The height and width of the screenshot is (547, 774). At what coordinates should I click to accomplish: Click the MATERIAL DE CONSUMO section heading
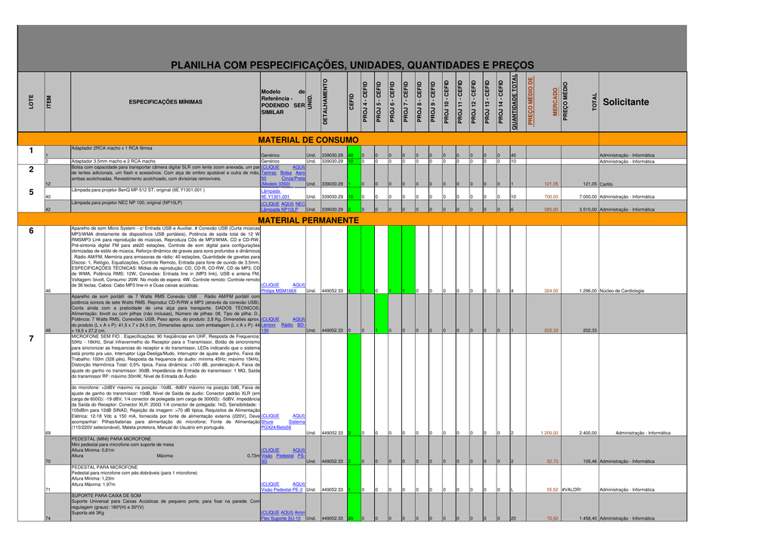click(308, 141)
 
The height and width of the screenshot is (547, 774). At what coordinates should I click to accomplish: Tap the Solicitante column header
click(626, 103)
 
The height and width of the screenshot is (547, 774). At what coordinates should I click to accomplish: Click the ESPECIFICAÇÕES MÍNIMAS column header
click(166, 102)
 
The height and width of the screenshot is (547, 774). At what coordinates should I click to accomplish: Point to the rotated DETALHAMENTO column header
click(326, 102)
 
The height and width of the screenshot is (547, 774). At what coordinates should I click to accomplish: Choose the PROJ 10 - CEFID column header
click(447, 102)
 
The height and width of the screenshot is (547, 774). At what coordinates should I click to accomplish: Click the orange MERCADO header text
click(556, 102)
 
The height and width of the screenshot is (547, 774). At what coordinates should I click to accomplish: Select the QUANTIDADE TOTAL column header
click(515, 102)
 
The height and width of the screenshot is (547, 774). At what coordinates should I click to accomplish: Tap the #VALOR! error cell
click(572, 490)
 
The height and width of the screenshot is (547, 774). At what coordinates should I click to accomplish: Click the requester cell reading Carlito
click(607, 184)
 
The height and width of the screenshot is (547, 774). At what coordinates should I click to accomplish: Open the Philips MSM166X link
click(273, 291)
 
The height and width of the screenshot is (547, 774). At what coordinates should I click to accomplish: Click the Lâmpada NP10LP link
click(280, 209)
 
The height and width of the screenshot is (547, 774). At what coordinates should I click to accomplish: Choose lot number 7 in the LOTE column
click(31, 338)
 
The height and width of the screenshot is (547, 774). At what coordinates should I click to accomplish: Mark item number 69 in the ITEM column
click(48, 433)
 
